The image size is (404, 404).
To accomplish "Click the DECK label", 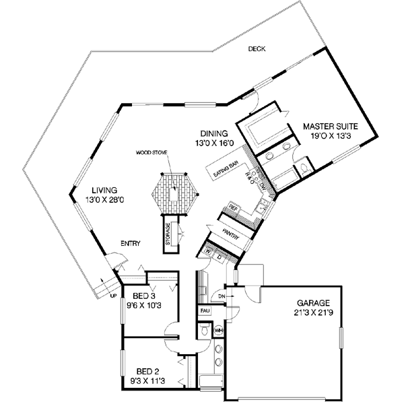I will click(x=256, y=49).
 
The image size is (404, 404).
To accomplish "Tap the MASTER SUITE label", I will click(x=330, y=126).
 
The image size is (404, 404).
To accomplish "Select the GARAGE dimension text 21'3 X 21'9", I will click(x=314, y=312).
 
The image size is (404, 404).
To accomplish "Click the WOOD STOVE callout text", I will click(x=149, y=152).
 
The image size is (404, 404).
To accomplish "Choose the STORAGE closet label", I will click(x=168, y=234).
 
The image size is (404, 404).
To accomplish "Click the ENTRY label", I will click(x=130, y=243).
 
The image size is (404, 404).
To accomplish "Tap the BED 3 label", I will click(x=144, y=296).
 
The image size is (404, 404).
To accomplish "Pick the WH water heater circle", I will click(x=218, y=331).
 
